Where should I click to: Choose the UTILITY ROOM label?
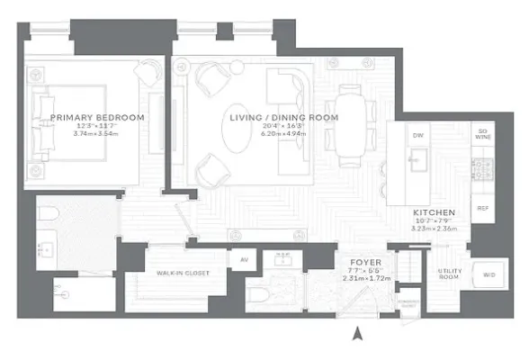point(450,274)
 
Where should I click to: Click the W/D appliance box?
point(489,274)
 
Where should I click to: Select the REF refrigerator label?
point(482,206)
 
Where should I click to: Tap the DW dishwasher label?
point(417,135)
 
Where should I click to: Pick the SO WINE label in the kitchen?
point(482,135)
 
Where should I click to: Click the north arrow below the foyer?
point(358,335)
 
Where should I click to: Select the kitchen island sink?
point(417,163)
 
